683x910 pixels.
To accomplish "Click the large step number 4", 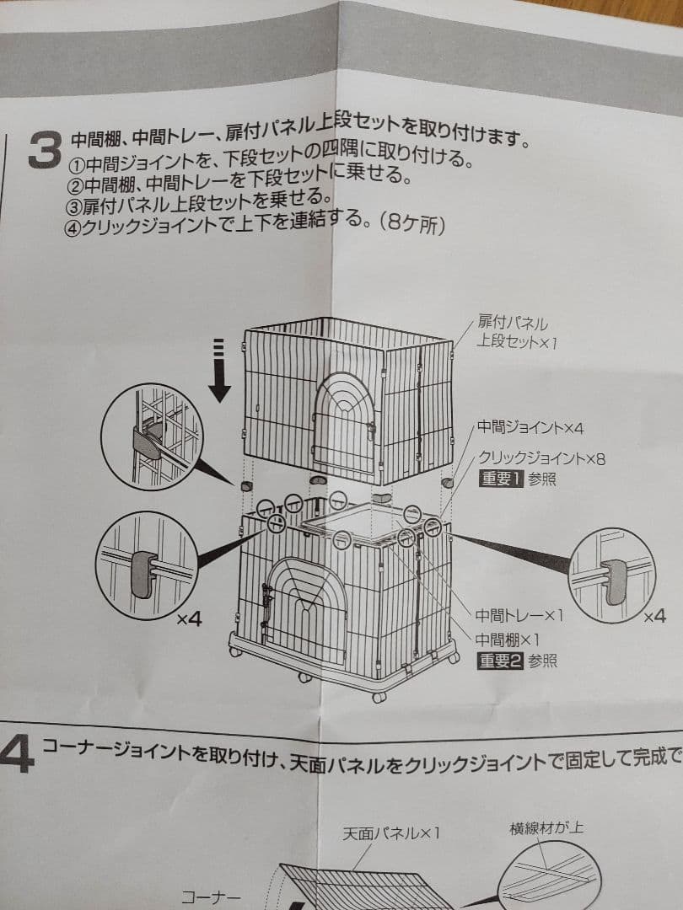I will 17,752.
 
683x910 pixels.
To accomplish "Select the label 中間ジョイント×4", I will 530,429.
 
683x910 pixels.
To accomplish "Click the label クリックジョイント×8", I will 541,459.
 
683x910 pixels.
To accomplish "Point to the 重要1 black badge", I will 502,480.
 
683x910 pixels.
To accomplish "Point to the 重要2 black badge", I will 502,661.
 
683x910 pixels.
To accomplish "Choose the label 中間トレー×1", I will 519,616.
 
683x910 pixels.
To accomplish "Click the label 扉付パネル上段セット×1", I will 513,333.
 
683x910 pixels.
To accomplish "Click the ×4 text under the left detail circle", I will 190,619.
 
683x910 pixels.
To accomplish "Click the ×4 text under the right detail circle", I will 654,616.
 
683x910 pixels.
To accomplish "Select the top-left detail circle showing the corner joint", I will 152,436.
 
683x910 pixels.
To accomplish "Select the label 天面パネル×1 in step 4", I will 391,834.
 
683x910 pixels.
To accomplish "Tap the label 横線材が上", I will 546,827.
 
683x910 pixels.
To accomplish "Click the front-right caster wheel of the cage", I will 379,697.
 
